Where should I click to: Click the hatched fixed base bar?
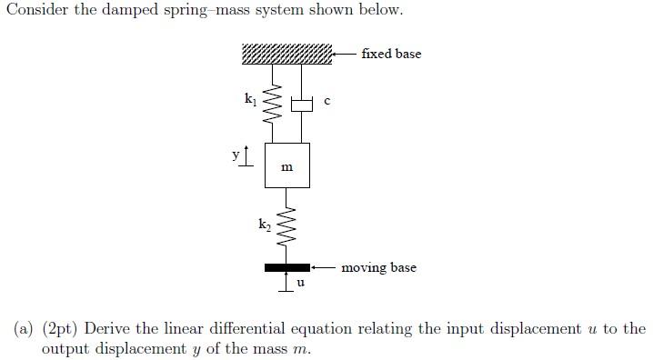287,54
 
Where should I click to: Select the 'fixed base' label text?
391,54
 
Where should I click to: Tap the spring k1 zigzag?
269,106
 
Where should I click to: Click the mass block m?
287,165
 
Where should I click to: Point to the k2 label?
264,223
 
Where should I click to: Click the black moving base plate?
287,268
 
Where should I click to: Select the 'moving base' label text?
378,268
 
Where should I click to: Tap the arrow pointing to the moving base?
324,268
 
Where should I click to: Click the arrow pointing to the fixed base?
344,54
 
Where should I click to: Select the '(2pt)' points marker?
60,328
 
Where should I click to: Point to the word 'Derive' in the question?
107,328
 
